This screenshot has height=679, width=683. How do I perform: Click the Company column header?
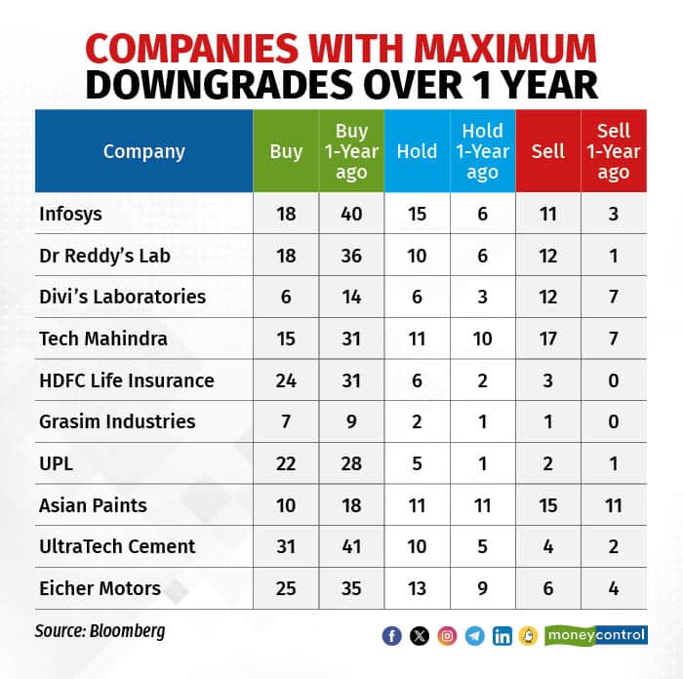tap(143, 151)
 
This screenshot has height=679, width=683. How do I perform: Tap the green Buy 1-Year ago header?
tap(351, 151)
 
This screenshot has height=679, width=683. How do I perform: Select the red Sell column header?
tap(548, 151)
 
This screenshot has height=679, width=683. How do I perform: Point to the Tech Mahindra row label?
tap(102, 339)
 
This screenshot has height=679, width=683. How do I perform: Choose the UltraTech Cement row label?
tap(116, 546)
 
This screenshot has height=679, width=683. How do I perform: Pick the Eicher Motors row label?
tap(99, 588)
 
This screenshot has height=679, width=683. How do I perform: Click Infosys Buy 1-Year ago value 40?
tap(351, 213)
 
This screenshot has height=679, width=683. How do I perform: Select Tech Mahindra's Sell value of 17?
tap(548, 339)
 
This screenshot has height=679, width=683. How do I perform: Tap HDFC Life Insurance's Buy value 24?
tap(286, 380)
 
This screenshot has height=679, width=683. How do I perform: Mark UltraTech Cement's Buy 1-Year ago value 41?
tap(351, 546)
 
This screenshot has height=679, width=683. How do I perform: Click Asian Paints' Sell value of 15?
tap(548, 505)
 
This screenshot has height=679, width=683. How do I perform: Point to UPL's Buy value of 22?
tap(286, 463)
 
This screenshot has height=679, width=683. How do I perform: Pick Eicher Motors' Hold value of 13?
tap(417, 588)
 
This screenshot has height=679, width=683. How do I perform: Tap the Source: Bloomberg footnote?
tap(100, 631)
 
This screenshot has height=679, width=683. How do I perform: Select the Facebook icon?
tap(392, 636)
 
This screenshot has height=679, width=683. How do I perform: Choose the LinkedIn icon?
tap(502, 636)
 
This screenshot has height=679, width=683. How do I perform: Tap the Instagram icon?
tap(447, 636)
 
